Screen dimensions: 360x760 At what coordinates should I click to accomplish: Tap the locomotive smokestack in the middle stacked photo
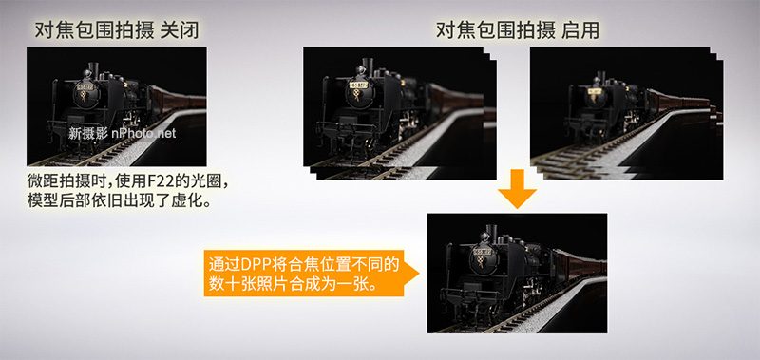[x=363, y=67]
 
